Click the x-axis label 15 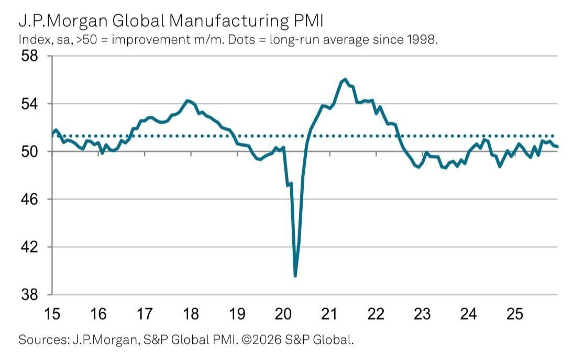click(x=52, y=314)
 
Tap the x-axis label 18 click(x=191, y=314)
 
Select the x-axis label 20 click(x=283, y=314)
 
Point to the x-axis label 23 click(x=422, y=314)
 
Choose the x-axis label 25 click(x=514, y=314)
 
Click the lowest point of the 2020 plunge click(x=295, y=276)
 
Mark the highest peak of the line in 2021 click(x=345, y=79)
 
